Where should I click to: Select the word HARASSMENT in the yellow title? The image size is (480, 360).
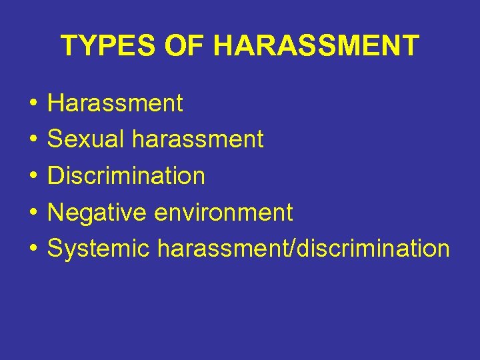(x=316, y=46)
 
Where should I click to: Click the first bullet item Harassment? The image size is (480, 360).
(x=115, y=103)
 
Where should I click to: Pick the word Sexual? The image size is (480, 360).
(x=87, y=139)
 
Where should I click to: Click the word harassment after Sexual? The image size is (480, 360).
(x=198, y=139)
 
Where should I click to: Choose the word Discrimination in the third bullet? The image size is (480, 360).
(x=126, y=176)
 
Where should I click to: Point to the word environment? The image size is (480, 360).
(x=223, y=213)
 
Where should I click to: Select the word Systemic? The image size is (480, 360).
(x=99, y=249)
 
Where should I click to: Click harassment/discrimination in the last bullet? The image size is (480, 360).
(x=303, y=249)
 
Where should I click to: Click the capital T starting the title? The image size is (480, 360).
(x=68, y=46)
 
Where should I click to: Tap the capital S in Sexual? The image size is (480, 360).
(x=55, y=139)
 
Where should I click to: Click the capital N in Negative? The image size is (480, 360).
(x=56, y=213)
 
